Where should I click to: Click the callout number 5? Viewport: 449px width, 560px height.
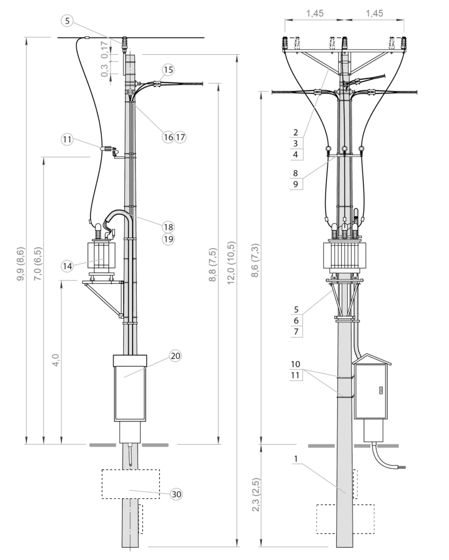[x=67, y=21]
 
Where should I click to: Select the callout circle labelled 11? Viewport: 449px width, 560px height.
[x=67, y=139]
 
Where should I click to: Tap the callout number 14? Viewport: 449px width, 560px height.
[x=67, y=266]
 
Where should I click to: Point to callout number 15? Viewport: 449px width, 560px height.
[x=168, y=70]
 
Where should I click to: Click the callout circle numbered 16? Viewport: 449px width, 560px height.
[x=168, y=137]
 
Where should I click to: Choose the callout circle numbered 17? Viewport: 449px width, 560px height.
[x=181, y=137]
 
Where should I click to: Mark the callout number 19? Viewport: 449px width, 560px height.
[x=168, y=239]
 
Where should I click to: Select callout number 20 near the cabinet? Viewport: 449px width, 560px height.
[x=175, y=356]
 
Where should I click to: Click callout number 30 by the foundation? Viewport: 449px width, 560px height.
[x=176, y=494]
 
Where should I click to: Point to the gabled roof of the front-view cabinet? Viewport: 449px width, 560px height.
[x=372, y=359]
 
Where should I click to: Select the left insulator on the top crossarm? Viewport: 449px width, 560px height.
[x=285, y=43]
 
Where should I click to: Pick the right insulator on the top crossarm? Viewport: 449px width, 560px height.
[x=404, y=43]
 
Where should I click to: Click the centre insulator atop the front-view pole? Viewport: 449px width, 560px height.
[x=344, y=43]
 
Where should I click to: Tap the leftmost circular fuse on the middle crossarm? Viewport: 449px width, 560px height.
[x=328, y=149]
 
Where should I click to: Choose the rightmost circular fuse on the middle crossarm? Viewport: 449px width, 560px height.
[x=361, y=149]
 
